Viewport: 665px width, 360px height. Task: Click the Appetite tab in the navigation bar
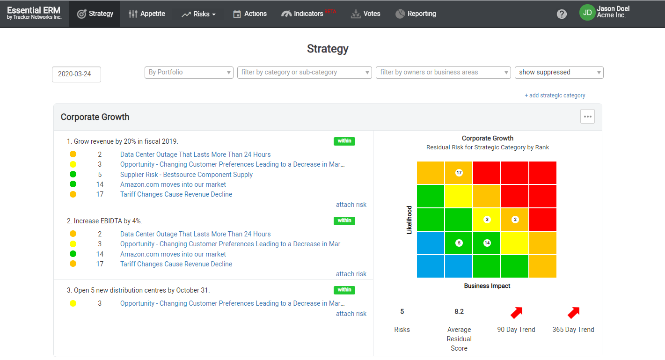[147, 14]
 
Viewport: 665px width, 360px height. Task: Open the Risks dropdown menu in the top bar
[198, 14]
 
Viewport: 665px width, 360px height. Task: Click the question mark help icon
[562, 14]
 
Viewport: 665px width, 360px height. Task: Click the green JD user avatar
[587, 13]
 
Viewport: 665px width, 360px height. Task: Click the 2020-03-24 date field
[76, 74]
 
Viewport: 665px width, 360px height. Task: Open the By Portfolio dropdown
[189, 73]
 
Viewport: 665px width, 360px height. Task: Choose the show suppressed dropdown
[559, 73]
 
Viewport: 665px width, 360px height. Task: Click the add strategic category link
[555, 96]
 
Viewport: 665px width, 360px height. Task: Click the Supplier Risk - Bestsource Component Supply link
[186, 175]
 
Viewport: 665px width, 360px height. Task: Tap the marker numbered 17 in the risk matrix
[459, 173]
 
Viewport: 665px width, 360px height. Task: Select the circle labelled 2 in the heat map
[515, 220]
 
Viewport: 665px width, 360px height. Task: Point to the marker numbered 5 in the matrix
[459, 243]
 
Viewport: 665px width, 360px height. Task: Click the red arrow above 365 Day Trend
[573, 312]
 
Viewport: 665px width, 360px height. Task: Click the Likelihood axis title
[409, 220]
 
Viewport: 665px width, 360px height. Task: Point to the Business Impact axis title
[487, 286]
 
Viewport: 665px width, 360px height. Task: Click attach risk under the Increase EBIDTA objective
[351, 274]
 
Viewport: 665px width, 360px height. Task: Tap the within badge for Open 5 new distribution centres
[344, 290]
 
